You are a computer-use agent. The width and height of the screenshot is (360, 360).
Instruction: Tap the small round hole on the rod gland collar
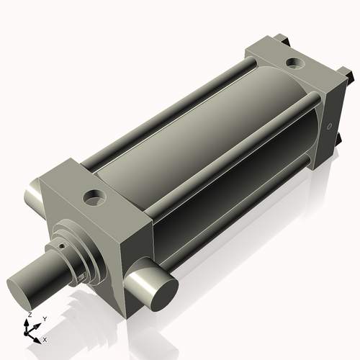63,246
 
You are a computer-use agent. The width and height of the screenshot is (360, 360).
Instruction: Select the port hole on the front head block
94,198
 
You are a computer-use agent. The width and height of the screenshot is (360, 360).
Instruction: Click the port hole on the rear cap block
295,63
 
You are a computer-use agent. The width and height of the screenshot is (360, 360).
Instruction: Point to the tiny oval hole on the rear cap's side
330,126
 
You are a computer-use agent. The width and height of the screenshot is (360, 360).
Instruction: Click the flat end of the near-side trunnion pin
164,296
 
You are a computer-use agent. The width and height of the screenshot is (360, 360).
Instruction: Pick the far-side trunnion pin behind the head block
34,194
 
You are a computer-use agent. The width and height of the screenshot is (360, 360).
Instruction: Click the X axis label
45,340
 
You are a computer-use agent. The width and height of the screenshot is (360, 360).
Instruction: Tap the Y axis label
45,319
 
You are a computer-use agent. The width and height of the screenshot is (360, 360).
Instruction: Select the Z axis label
30,315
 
